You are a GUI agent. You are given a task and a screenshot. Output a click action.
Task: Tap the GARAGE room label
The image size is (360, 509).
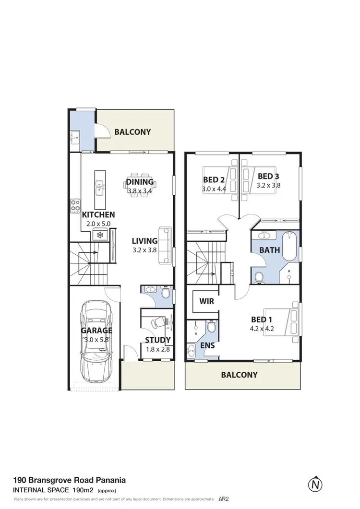[x=96, y=331]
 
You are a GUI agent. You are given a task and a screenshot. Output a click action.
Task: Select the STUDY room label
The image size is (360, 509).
[x=158, y=341]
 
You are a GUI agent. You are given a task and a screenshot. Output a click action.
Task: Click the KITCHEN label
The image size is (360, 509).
[x=98, y=214]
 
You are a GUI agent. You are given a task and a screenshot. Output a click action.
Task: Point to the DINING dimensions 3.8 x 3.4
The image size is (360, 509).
[x=140, y=190]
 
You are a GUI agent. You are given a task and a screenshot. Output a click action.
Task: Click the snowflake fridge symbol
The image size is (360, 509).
[x=100, y=235]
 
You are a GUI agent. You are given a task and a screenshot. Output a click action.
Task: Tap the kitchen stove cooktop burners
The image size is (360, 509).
[x=75, y=206]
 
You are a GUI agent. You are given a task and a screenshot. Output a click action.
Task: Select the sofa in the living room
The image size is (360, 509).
[x=165, y=245]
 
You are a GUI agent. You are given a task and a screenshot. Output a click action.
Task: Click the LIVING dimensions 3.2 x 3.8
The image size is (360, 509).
[x=144, y=249]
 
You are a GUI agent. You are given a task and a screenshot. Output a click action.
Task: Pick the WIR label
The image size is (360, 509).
[x=206, y=302]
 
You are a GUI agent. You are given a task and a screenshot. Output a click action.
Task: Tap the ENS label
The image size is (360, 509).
[x=208, y=345]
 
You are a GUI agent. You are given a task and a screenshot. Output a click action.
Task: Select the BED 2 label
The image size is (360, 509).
[x=214, y=180]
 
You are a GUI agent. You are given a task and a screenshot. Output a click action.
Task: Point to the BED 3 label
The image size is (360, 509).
[x=268, y=176]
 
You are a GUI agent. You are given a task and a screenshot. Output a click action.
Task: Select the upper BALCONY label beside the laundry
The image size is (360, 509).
[x=132, y=132]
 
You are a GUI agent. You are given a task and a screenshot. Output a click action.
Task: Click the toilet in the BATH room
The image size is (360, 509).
[x=258, y=277]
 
